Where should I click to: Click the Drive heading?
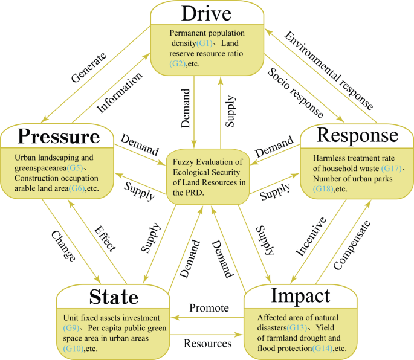pyautogui.click(x=208, y=14)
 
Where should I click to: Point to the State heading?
pyautogui.click(x=114, y=297)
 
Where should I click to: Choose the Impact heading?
pyautogui.click(x=302, y=296)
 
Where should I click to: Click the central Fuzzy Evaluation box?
pyautogui.click(x=207, y=178)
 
